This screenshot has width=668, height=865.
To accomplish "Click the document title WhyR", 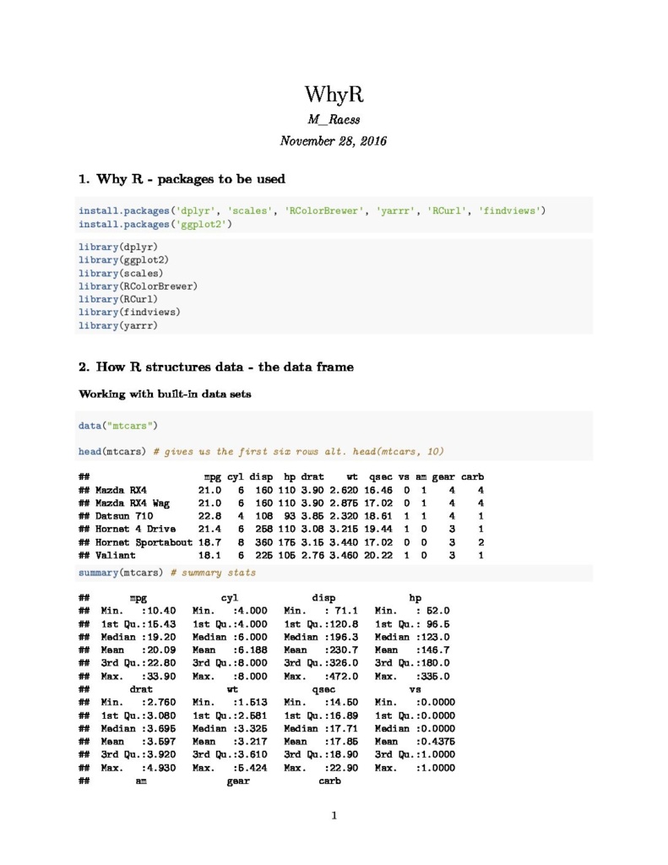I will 334,94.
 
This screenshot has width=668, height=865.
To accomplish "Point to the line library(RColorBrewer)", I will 138,286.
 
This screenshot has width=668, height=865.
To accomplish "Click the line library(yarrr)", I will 117,325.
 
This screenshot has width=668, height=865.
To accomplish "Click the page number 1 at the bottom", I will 334,816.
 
